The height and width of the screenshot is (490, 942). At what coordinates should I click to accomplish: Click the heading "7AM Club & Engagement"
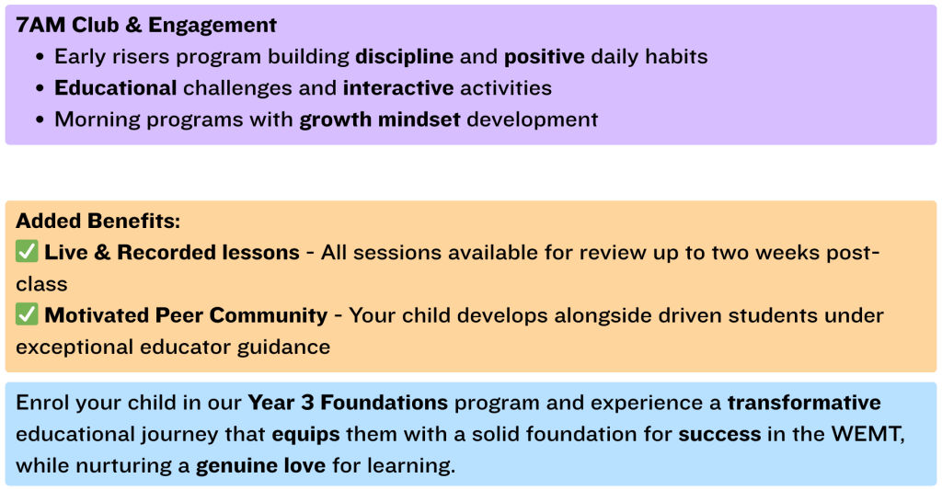click(x=146, y=25)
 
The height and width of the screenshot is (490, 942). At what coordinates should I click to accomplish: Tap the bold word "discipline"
click(x=405, y=56)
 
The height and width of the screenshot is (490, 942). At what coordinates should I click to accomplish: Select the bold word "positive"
click(x=545, y=57)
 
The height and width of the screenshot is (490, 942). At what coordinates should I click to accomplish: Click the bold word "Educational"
click(x=115, y=88)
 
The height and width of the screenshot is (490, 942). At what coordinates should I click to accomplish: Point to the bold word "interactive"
click(x=398, y=88)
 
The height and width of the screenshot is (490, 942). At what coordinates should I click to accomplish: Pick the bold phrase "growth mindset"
click(x=380, y=120)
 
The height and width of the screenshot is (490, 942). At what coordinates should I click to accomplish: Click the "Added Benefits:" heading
click(x=98, y=221)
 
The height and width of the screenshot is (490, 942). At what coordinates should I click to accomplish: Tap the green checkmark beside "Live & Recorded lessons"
click(x=27, y=251)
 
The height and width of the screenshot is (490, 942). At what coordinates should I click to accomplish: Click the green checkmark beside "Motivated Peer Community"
click(x=27, y=314)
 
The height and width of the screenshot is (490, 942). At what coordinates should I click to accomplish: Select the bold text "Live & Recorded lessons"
click(x=172, y=252)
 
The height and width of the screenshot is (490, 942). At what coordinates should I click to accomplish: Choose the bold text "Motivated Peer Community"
click(x=186, y=315)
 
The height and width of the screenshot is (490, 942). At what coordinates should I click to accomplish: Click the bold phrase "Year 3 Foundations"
click(x=348, y=403)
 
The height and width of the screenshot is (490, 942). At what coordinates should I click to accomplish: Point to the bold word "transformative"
click(x=804, y=403)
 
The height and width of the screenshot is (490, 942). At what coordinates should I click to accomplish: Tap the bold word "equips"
click(x=305, y=434)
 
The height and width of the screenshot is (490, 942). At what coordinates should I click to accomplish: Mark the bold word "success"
click(x=719, y=434)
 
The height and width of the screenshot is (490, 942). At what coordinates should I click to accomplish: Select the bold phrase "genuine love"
click(x=260, y=465)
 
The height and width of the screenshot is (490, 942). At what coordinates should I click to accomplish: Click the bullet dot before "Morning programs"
click(x=40, y=120)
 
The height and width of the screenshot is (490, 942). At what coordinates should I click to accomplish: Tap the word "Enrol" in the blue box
click(x=39, y=403)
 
